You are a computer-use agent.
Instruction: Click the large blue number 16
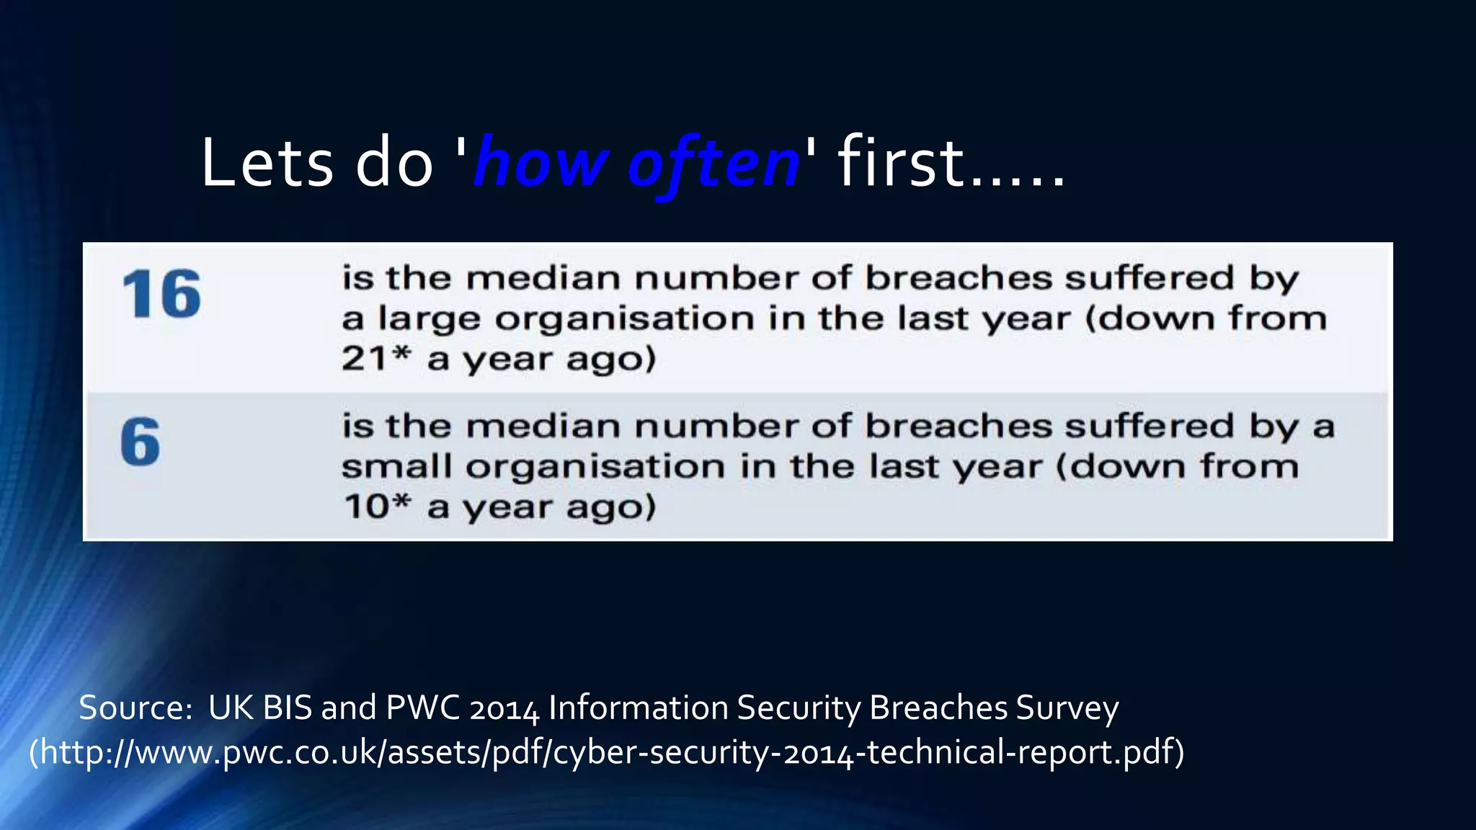click(161, 294)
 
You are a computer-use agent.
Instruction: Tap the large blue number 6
click(140, 442)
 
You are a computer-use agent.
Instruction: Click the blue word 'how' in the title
click(541, 163)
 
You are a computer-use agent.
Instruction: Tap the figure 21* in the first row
click(375, 358)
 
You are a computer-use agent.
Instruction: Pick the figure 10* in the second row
click(377, 506)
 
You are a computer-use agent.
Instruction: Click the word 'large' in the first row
click(429, 319)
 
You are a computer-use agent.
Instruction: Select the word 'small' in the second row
click(396, 467)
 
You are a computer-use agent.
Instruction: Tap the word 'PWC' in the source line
click(422, 708)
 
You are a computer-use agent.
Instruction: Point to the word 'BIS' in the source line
click(287, 708)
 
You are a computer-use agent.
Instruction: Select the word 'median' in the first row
click(543, 278)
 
